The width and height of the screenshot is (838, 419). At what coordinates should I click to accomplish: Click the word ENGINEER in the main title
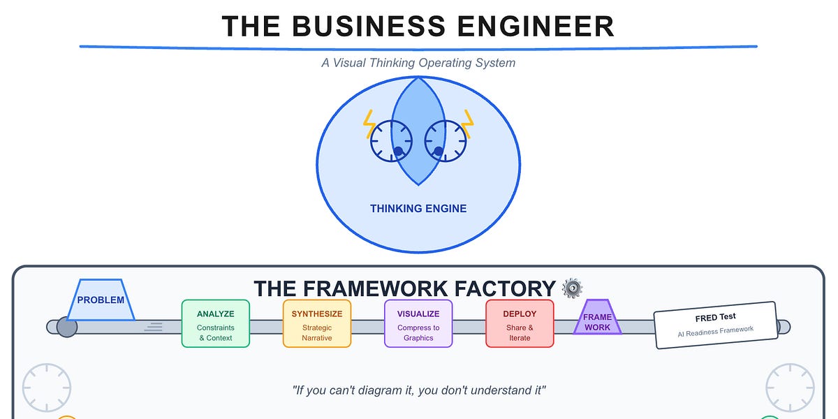tap(535, 26)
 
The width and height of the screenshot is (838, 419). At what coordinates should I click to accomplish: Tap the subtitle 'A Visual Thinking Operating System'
tap(418, 63)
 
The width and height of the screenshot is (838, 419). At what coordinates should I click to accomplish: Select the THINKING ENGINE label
tap(418, 208)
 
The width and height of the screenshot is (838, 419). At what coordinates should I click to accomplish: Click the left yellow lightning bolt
tap(369, 124)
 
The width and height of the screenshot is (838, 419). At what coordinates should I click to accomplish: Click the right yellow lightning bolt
tap(466, 124)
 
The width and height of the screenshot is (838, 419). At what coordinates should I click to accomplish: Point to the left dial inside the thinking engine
tap(392, 141)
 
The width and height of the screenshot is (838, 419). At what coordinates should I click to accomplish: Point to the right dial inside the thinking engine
tap(445, 141)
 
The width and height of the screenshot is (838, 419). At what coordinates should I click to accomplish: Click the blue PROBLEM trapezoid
tap(101, 300)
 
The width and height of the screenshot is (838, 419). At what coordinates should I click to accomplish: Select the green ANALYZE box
tap(215, 323)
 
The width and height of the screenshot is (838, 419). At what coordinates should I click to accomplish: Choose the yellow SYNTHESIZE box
tap(316, 323)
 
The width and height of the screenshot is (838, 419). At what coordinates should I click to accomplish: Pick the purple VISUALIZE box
tap(418, 323)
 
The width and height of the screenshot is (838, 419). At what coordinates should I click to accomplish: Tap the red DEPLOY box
tap(520, 323)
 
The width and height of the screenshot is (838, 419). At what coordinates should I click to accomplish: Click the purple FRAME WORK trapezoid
tap(597, 318)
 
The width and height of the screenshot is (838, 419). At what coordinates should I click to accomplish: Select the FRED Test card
tap(716, 325)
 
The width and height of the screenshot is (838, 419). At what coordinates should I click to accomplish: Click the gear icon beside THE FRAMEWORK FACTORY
tap(572, 288)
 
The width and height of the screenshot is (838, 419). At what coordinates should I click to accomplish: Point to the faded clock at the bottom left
tap(47, 388)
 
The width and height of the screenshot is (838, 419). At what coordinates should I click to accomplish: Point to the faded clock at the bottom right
tap(790, 388)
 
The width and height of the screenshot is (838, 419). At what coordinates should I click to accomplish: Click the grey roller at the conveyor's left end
tap(66, 327)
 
